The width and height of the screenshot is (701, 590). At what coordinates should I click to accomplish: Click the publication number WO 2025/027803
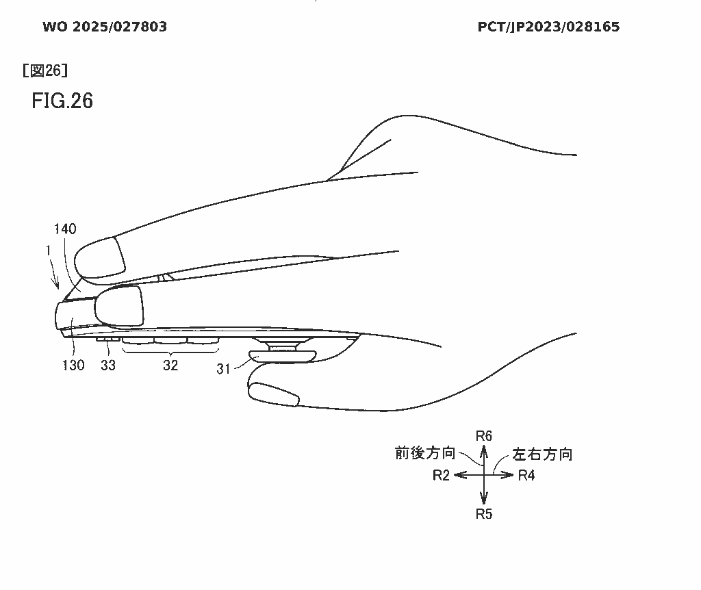(105, 27)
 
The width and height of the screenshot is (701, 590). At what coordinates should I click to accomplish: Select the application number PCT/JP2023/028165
(548, 27)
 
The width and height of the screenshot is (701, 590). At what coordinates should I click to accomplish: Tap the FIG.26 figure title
(62, 101)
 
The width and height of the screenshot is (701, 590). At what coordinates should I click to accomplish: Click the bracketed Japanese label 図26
(45, 70)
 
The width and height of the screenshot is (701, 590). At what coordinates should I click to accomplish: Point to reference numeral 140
(65, 229)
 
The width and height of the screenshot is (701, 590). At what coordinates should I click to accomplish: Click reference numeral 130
(73, 365)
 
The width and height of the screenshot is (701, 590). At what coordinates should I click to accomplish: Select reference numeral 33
(108, 365)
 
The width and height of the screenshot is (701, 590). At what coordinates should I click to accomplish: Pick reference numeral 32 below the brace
(170, 365)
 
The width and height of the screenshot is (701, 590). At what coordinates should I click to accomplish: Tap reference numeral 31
(223, 369)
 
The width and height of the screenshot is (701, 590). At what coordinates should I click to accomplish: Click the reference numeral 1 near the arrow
(49, 251)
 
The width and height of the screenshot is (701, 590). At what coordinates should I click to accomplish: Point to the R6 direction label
(484, 436)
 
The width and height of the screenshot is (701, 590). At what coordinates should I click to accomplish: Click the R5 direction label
(484, 514)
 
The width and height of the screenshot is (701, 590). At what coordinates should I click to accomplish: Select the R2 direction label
(441, 475)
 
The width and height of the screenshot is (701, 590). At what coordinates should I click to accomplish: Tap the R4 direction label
(526, 475)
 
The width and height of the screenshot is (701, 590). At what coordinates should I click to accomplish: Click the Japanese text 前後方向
(425, 453)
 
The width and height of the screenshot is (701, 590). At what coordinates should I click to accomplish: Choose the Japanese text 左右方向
(542, 454)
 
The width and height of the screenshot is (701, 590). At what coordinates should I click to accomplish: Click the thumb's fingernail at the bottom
(274, 395)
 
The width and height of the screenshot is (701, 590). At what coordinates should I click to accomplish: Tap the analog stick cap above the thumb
(283, 356)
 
